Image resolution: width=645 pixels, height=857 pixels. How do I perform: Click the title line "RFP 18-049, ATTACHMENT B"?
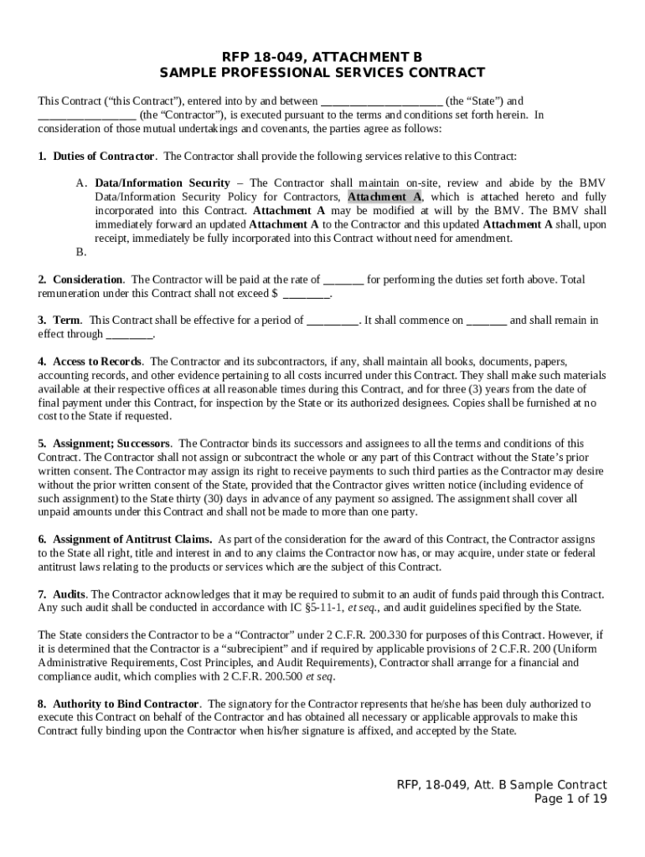[322, 57]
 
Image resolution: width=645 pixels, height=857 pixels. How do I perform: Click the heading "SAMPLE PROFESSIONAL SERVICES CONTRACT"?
[322, 73]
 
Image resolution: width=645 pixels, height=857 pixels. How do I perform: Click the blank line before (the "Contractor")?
[87, 115]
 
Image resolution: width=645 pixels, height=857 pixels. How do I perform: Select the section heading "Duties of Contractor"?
[103, 157]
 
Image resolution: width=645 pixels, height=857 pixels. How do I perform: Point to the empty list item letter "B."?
[80, 252]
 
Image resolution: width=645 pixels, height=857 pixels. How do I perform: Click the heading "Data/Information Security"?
[163, 183]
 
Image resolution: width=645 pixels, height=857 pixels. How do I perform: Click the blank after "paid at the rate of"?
[343, 280]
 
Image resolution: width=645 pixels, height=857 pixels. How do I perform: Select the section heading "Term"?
[67, 321]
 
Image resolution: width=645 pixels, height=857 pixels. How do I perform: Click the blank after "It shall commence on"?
[486, 321]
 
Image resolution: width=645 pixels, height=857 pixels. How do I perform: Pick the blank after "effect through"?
[129, 334]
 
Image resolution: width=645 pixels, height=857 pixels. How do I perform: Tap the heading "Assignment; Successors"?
[112, 444]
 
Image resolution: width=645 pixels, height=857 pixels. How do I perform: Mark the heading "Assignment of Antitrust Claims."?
[132, 539]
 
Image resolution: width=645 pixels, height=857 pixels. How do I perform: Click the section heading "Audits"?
[70, 594]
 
